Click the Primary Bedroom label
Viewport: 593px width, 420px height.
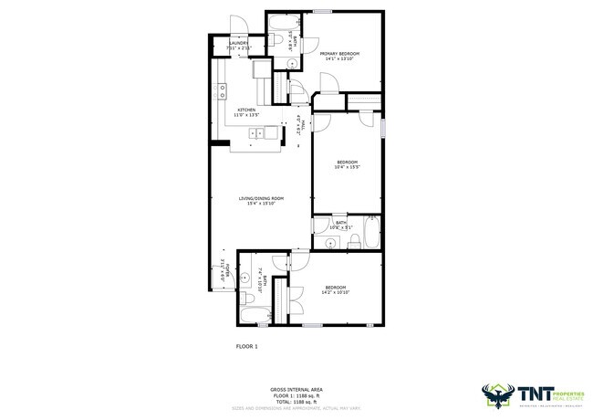tap(339, 57)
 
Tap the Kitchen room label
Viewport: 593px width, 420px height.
tap(246, 113)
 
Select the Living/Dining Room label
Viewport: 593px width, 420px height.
tap(261, 200)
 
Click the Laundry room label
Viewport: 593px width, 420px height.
tap(239, 45)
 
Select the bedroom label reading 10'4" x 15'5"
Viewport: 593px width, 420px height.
tap(348, 164)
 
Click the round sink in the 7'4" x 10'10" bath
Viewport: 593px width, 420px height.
tap(246, 277)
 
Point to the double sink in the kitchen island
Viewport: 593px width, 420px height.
tap(265, 133)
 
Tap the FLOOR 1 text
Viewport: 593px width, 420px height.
tap(247, 346)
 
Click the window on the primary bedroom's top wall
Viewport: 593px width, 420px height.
tap(321, 11)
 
